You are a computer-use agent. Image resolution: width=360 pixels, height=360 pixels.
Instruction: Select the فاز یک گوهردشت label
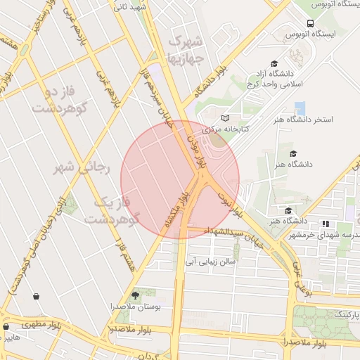tap(113, 211)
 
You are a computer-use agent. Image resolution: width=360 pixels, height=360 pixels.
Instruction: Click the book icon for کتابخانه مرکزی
tap(225, 117)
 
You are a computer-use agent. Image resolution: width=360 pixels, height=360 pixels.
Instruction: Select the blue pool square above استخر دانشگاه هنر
tap(301, 108)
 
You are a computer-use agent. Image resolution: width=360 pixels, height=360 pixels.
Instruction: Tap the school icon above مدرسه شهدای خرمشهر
tap(325, 224)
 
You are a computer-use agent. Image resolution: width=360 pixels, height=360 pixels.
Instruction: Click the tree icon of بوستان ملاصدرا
tap(136, 295)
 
